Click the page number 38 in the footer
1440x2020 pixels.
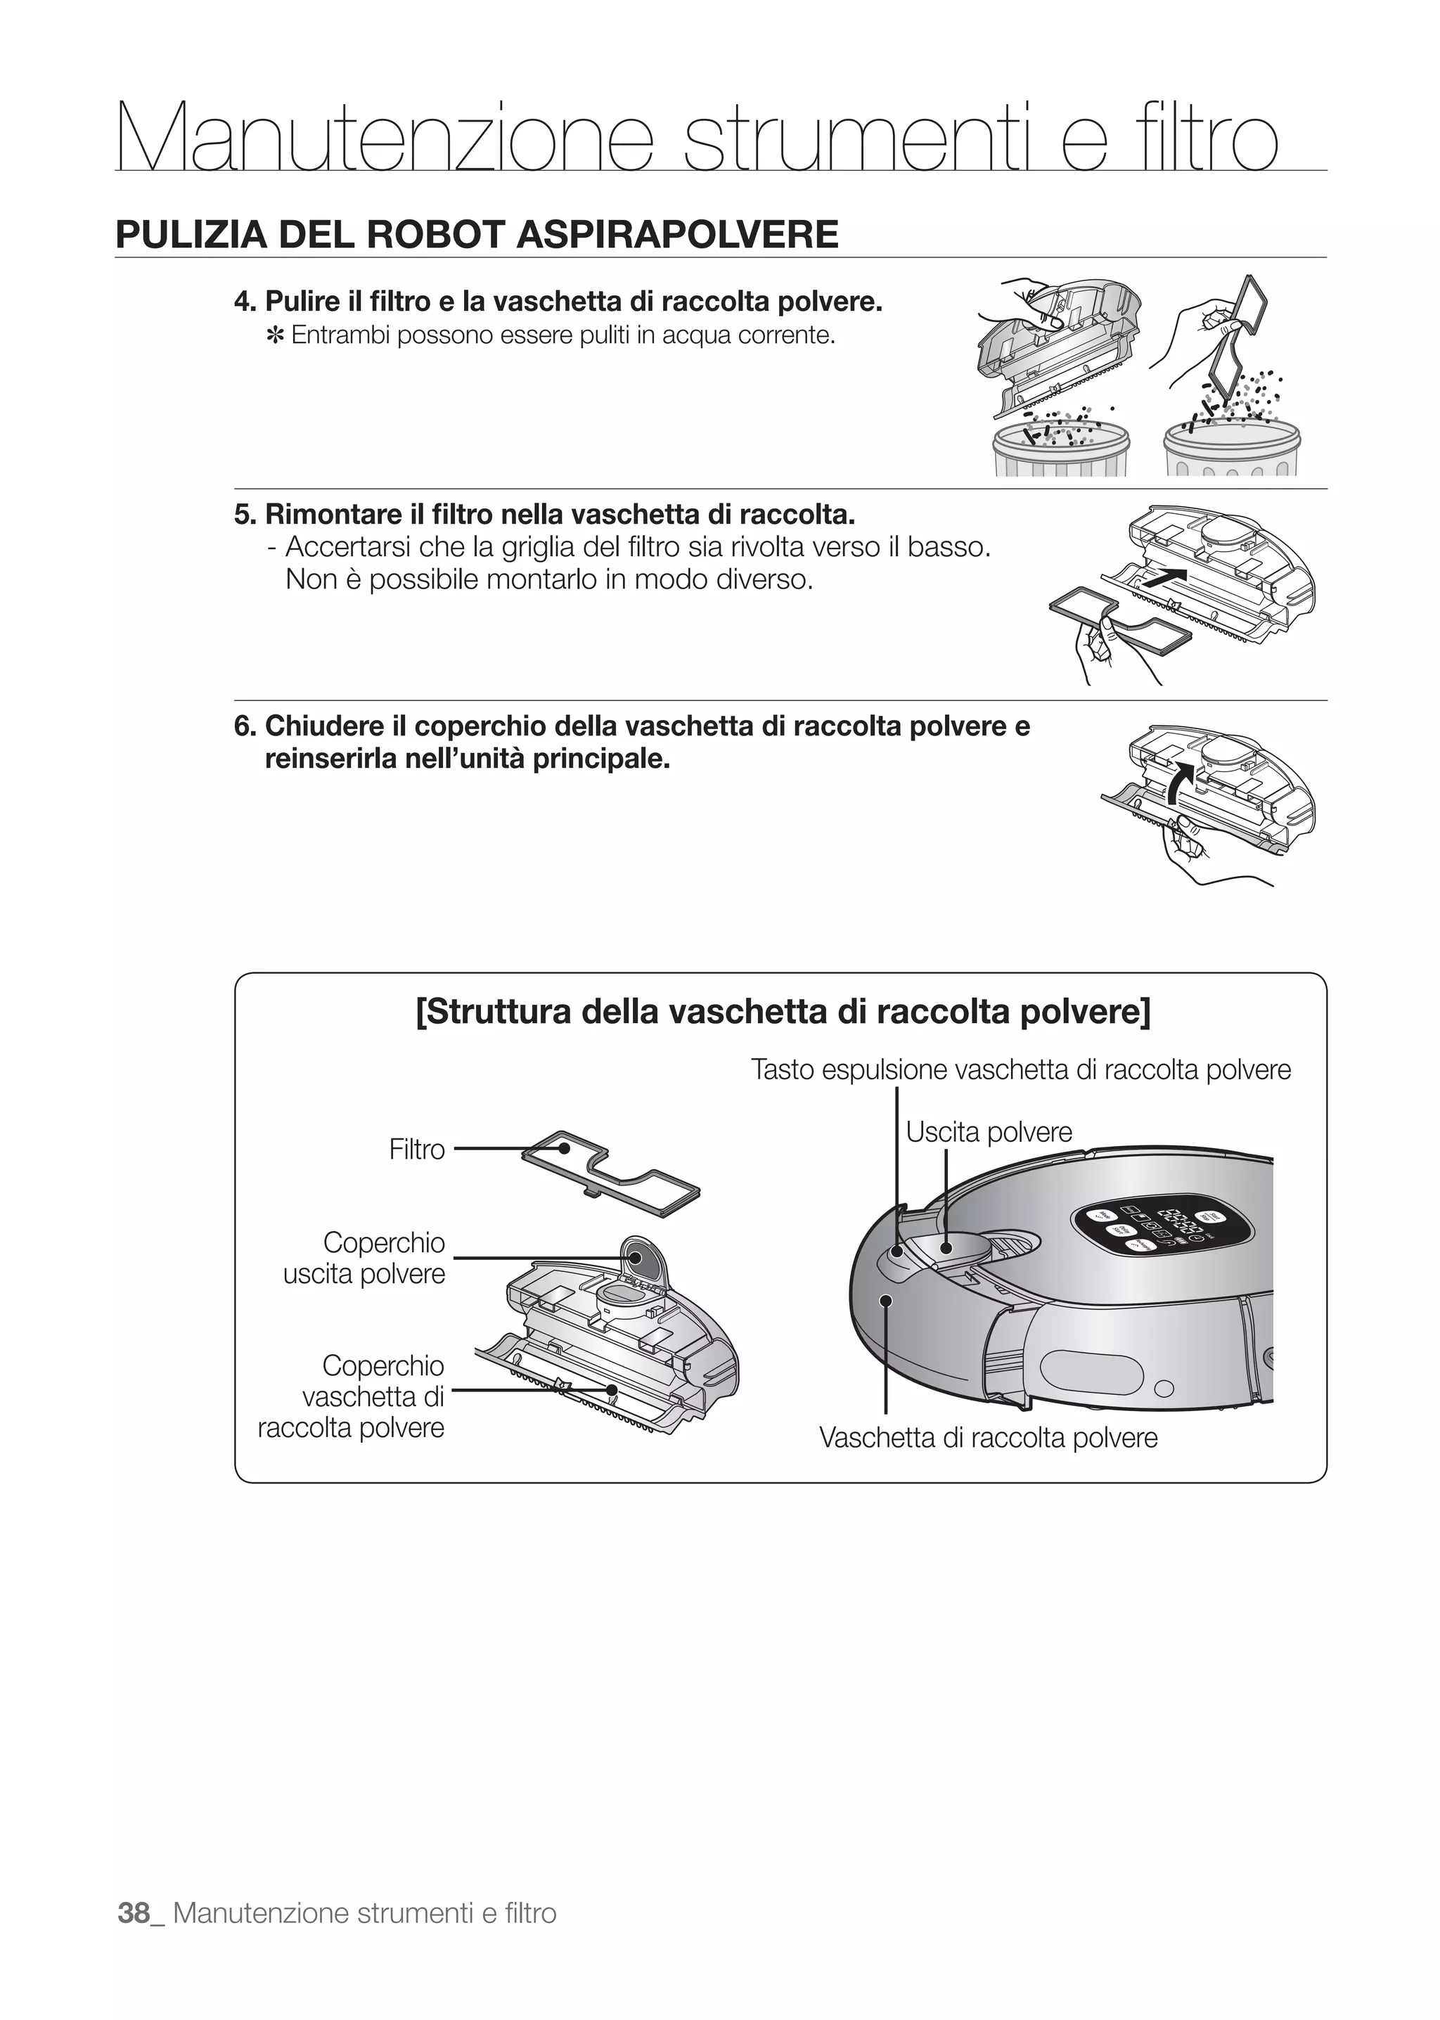[x=134, y=1912]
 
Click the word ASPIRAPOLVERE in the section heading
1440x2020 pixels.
[x=676, y=234]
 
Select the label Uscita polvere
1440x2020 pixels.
[x=988, y=1133]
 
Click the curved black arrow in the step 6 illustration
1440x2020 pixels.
[x=1178, y=780]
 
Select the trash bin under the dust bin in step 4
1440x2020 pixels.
[x=1060, y=452]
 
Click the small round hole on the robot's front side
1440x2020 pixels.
[x=1165, y=1389]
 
